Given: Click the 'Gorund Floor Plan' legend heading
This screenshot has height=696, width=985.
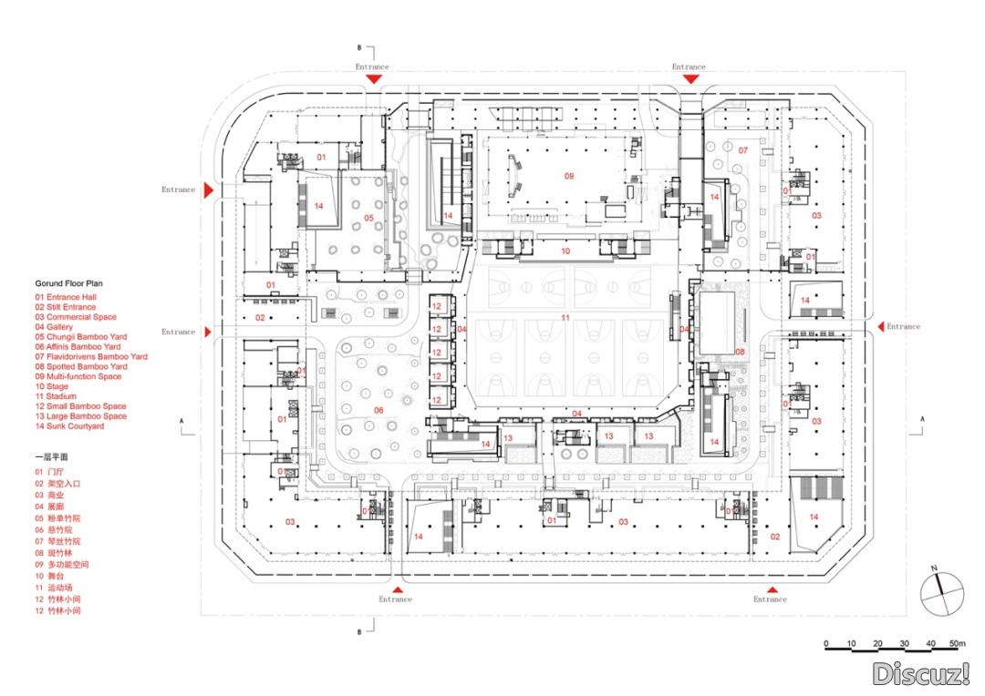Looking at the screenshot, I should (68, 284).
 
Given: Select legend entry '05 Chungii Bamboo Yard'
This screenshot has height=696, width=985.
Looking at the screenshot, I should (80, 337).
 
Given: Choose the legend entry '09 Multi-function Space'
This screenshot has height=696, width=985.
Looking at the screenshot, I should (78, 376).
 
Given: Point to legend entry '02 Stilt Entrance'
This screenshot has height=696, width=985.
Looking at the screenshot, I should (66, 307).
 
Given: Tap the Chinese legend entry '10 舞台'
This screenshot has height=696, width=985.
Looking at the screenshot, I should (51, 577).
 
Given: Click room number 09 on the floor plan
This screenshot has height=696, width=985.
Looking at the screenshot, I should (568, 176).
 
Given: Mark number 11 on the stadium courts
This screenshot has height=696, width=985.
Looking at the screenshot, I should (565, 318).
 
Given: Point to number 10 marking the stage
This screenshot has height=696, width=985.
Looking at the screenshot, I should (565, 251).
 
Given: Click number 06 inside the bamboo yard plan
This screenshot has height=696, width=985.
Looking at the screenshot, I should (378, 411).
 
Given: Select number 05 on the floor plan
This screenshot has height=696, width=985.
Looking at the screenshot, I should (368, 218).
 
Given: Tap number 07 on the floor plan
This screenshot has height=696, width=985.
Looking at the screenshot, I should (742, 150).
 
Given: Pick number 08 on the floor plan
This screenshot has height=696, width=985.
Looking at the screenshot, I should (740, 351).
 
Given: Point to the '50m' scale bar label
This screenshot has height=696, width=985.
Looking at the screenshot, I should (956, 644).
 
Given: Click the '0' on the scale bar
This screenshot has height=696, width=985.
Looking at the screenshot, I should (825, 644).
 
